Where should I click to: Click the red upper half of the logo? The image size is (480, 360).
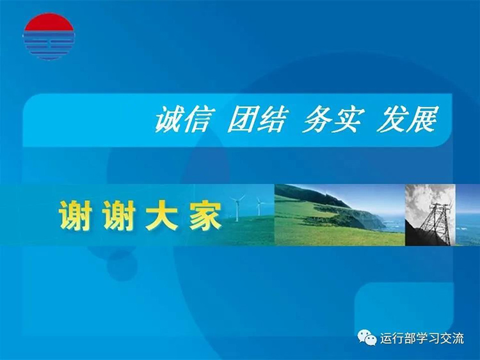pos(49,23)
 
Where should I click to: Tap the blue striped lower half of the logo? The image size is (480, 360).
pos(49,46)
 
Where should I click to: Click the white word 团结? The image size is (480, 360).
pos(258,120)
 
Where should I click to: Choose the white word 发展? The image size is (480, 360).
pos(407,120)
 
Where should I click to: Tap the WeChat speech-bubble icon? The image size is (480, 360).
pos(367,338)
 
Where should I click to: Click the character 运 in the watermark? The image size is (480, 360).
pos(386,338)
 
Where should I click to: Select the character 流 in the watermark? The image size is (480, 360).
pos(458,338)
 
